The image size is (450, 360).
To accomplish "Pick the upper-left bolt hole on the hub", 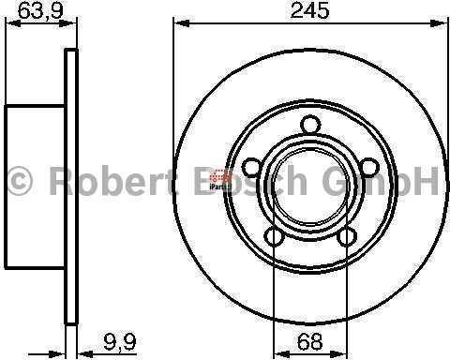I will click(250, 167).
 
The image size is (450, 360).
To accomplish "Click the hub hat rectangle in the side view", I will click(35, 181).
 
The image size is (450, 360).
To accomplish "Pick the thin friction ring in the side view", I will click(69, 180).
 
